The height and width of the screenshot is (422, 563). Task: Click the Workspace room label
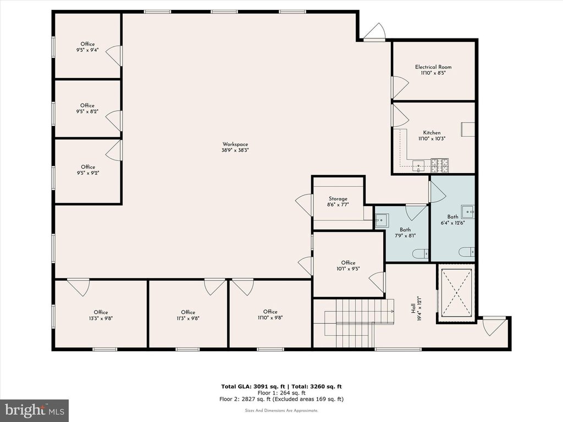pyautogui.click(x=235, y=145)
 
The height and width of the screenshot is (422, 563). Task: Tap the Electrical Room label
pyautogui.click(x=433, y=66)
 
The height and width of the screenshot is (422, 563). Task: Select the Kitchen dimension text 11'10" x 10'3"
pyautogui.click(x=432, y=138)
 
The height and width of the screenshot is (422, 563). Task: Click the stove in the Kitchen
pyautogui.click(x=439, y=165)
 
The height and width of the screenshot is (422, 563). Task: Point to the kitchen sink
pyautogui.click(x=418, y=166)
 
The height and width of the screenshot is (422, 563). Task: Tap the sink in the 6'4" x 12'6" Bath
pyautogui.click(x=468, y=212)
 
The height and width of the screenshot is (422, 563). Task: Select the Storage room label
pyautogui.click(x=338, y=199)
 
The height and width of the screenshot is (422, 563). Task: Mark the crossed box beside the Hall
pyautogui.click(x=456, y=293)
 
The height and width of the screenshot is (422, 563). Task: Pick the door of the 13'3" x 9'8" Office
pyautogui.click(x=78, y=287)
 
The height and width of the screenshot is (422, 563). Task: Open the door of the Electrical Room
pyautogui.click(x=400, y=87)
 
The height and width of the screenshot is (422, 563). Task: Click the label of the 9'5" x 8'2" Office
pyautogui.click(x=87, y=105)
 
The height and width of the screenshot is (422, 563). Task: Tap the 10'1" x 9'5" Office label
pyautogui.click(x=348, y=263)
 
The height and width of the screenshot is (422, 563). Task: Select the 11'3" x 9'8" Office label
pyautogui.click(x=188, y=312)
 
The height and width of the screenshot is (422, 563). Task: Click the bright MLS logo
pyautogui.click(x=35, y=410)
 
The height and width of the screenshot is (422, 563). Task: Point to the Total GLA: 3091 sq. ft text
pyautogui.click(x=253, y=386)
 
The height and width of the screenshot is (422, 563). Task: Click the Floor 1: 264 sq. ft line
pyautogui.click(x=281, y=392)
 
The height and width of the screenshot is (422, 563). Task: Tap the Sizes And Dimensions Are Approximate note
pyautogui.click(x=281, y=410)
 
